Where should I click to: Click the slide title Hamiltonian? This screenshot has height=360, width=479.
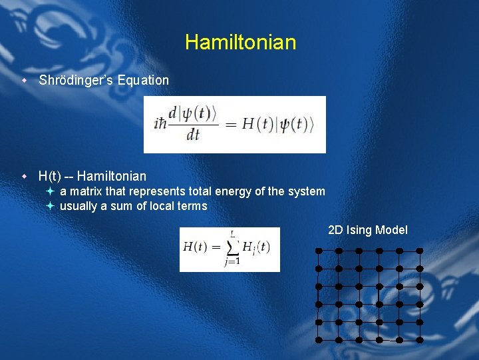click(x=240, y=43)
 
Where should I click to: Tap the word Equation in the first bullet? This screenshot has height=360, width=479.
click(x=144, y=81)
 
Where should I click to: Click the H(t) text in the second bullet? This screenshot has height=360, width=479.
click(x=50, y=177)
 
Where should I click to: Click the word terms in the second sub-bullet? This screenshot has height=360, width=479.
click(x=192, y=207)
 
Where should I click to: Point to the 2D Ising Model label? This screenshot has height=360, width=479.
click(x=368, y=231)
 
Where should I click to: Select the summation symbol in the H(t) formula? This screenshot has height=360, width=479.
click(x=232, y=248)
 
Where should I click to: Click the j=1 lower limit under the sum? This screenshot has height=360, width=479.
click(x=232, y=262)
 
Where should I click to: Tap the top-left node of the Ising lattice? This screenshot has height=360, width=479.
click(x=319, y=251)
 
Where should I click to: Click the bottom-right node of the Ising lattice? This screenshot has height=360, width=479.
click(x=420, y=340)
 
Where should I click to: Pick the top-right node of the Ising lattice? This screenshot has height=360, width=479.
click(x=420, y=251)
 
